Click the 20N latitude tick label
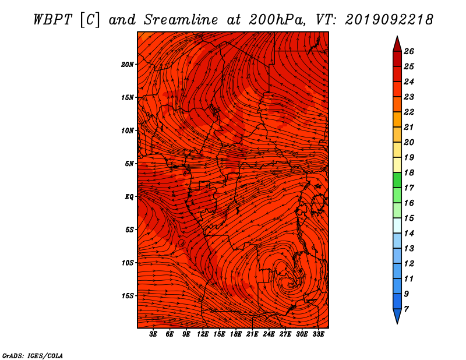click(x=128, y=65)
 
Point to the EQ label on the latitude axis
click(x=129, y=197)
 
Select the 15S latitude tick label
click(x=128, y=296)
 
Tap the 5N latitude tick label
click(x=129, y=164)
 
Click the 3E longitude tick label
click(x=153, y=334)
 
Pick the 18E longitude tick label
click(x=236, y=334)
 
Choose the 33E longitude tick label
click(x=318, y=334)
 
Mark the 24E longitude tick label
click(x=269, y=334)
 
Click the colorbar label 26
click(x=409, y=51)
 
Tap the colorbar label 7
click(x=407, y=309)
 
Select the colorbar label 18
click(x=409, y=172)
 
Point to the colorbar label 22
click(x=409, y=112)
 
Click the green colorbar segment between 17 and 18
click(x=397, y=180)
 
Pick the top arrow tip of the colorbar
click(x=397, y=36)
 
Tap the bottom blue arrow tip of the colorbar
click(x=397, y=324)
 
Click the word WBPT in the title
click(x=52, y=20)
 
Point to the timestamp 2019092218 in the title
click(x=389, y=20)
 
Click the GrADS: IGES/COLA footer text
click(x=33, y=356)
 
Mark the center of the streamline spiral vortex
click(x=290, y=284)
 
